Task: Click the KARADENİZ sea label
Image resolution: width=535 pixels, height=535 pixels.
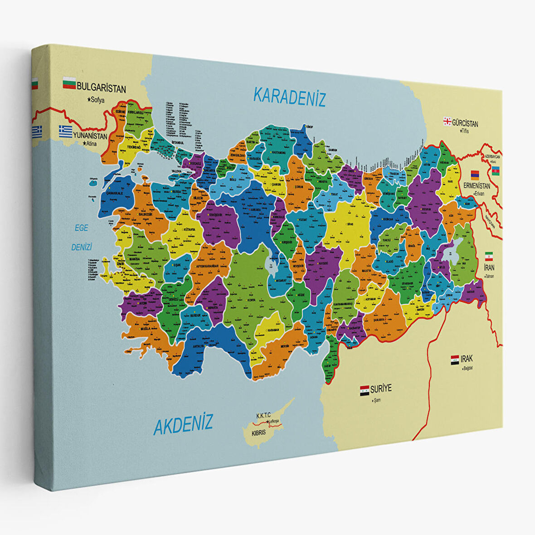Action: (289, 97)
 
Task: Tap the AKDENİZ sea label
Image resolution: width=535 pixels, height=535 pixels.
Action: (183, 424)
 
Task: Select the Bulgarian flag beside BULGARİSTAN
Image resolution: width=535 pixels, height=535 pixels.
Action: (69, 83)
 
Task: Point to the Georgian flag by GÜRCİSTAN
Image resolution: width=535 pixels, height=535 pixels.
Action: (447, 121)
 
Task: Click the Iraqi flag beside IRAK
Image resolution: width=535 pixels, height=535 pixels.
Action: (455, 360)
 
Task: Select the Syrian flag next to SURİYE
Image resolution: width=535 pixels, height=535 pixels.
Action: (365, 390)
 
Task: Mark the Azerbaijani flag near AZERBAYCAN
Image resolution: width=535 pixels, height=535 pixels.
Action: (496, 170)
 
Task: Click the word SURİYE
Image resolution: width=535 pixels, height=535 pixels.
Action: (381, 389)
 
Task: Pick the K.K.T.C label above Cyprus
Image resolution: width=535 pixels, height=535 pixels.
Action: (263, 415)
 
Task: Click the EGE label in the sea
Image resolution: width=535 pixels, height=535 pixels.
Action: (82, 228)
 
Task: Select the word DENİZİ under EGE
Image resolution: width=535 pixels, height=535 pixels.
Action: (82, 248)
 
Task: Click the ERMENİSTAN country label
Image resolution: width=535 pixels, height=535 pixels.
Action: (477, 186)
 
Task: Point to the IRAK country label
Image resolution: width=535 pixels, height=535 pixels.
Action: (467, 359)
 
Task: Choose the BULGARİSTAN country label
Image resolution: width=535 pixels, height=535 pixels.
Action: (101, 88)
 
